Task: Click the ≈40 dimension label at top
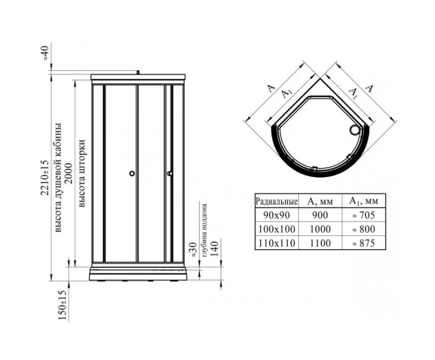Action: pyautogui.click(x=45, y=53)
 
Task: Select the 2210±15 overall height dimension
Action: pyautogui.click(x=45, y=178)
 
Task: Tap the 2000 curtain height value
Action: pyautogui.click(x=68, y=174)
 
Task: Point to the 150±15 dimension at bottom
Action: pyautogui.click(x=62, y=305)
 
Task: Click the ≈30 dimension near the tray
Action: pyautogui.click(x=194, y=250)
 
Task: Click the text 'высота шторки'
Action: pyautogui.click(x=82, y=173)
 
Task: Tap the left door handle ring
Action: pyautogui.click(x=132, y=174)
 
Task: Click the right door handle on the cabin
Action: pyautogui.click(x=169, y=174)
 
